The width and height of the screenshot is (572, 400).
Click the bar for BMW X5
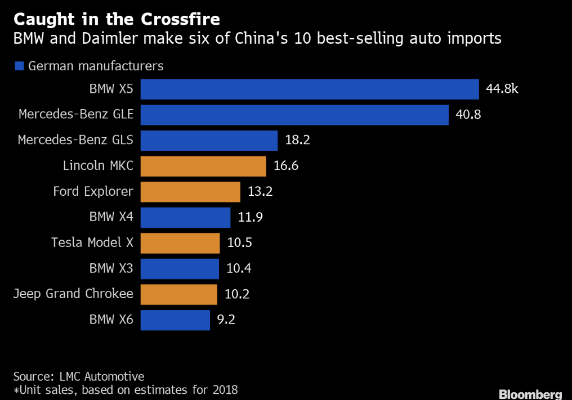309,89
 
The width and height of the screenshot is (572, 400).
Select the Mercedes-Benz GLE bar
294,115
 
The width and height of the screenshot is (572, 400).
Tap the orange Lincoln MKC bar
203,166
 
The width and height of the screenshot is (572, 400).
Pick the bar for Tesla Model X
180,243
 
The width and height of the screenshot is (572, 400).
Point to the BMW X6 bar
175,320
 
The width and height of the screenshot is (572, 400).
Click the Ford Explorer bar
190,192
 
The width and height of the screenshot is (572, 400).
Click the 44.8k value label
502,89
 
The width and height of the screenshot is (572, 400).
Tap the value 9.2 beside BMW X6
226,320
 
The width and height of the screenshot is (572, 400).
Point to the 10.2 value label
237,294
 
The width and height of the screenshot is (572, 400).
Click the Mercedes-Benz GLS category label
75,140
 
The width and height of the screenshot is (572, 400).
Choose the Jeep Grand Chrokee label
73,294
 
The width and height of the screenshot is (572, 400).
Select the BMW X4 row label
111,217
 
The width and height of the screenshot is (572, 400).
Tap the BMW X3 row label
111,268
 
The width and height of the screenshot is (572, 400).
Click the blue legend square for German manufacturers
19,66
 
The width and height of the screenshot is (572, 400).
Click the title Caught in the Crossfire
117,19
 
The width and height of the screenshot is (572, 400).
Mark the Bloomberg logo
530,393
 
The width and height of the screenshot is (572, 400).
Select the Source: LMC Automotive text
79,376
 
